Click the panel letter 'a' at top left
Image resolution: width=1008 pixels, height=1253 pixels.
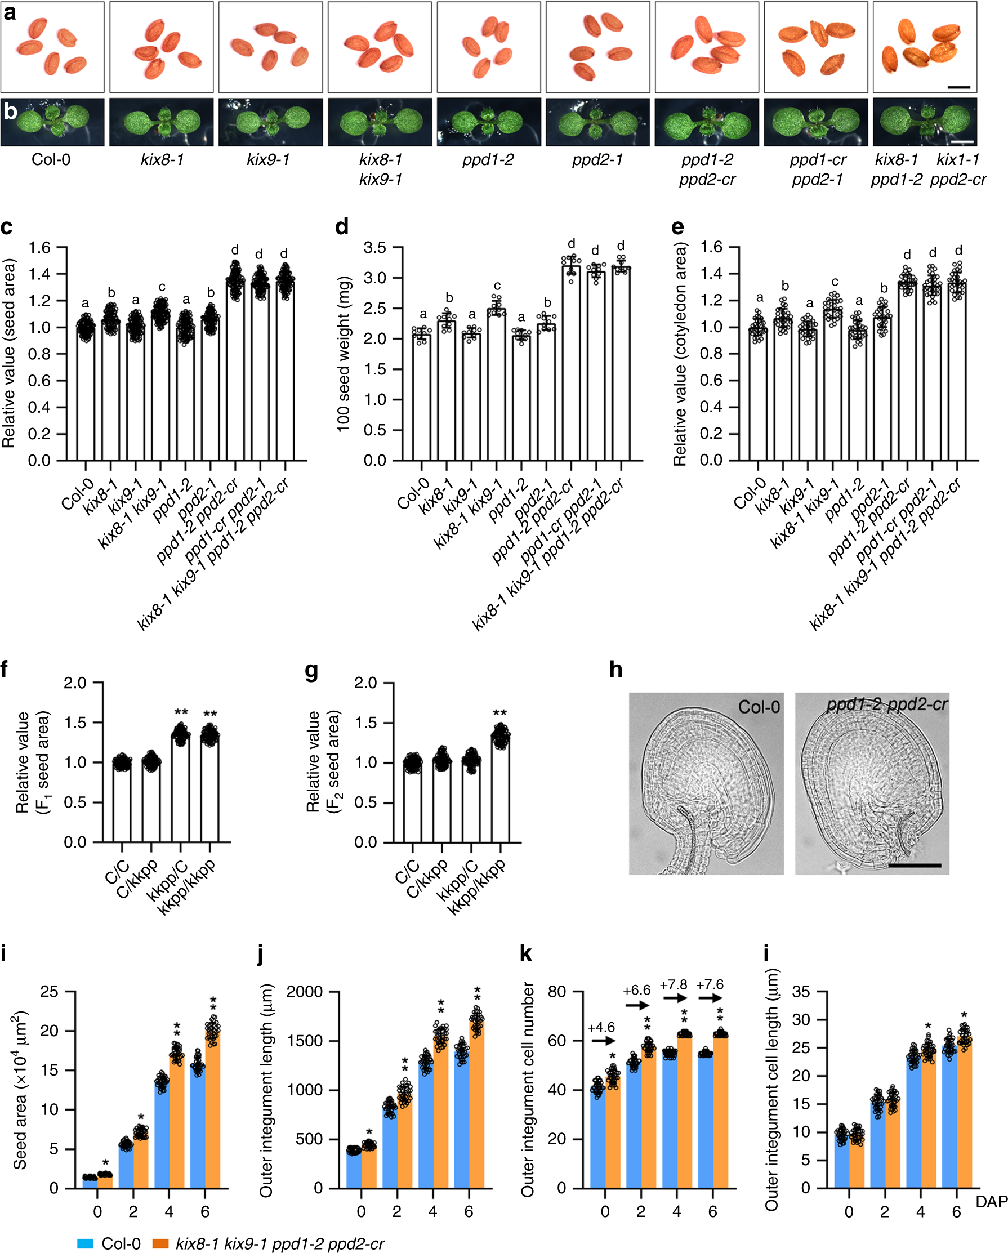[x=10, y=12]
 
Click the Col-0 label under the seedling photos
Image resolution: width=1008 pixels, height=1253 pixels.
[x=51, y=159]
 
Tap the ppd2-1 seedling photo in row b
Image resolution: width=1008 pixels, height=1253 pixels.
[x=597, y=122]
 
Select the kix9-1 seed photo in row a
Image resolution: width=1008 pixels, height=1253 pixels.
[x=270, y=47]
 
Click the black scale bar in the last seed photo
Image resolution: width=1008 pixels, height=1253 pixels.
[x=958, y=87]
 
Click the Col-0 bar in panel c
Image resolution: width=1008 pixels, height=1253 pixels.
[x=86, y=395]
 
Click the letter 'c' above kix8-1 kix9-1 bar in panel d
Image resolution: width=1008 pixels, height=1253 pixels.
[x=497, y=286]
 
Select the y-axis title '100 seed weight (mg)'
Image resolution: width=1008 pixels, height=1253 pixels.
[x=343, y=353]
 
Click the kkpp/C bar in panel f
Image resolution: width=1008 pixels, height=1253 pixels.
[x=181, y=791]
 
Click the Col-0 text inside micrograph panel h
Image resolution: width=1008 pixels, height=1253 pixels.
[x=759, y=707]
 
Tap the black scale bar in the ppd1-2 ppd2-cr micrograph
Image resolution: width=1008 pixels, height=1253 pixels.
[x=915, y=866]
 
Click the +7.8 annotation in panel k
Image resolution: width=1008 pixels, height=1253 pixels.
[x=673, y=984]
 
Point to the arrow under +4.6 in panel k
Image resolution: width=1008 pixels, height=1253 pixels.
[x=602, y=1040]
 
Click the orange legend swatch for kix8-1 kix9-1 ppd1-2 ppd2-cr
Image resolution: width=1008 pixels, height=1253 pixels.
[x=160, y=1243]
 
